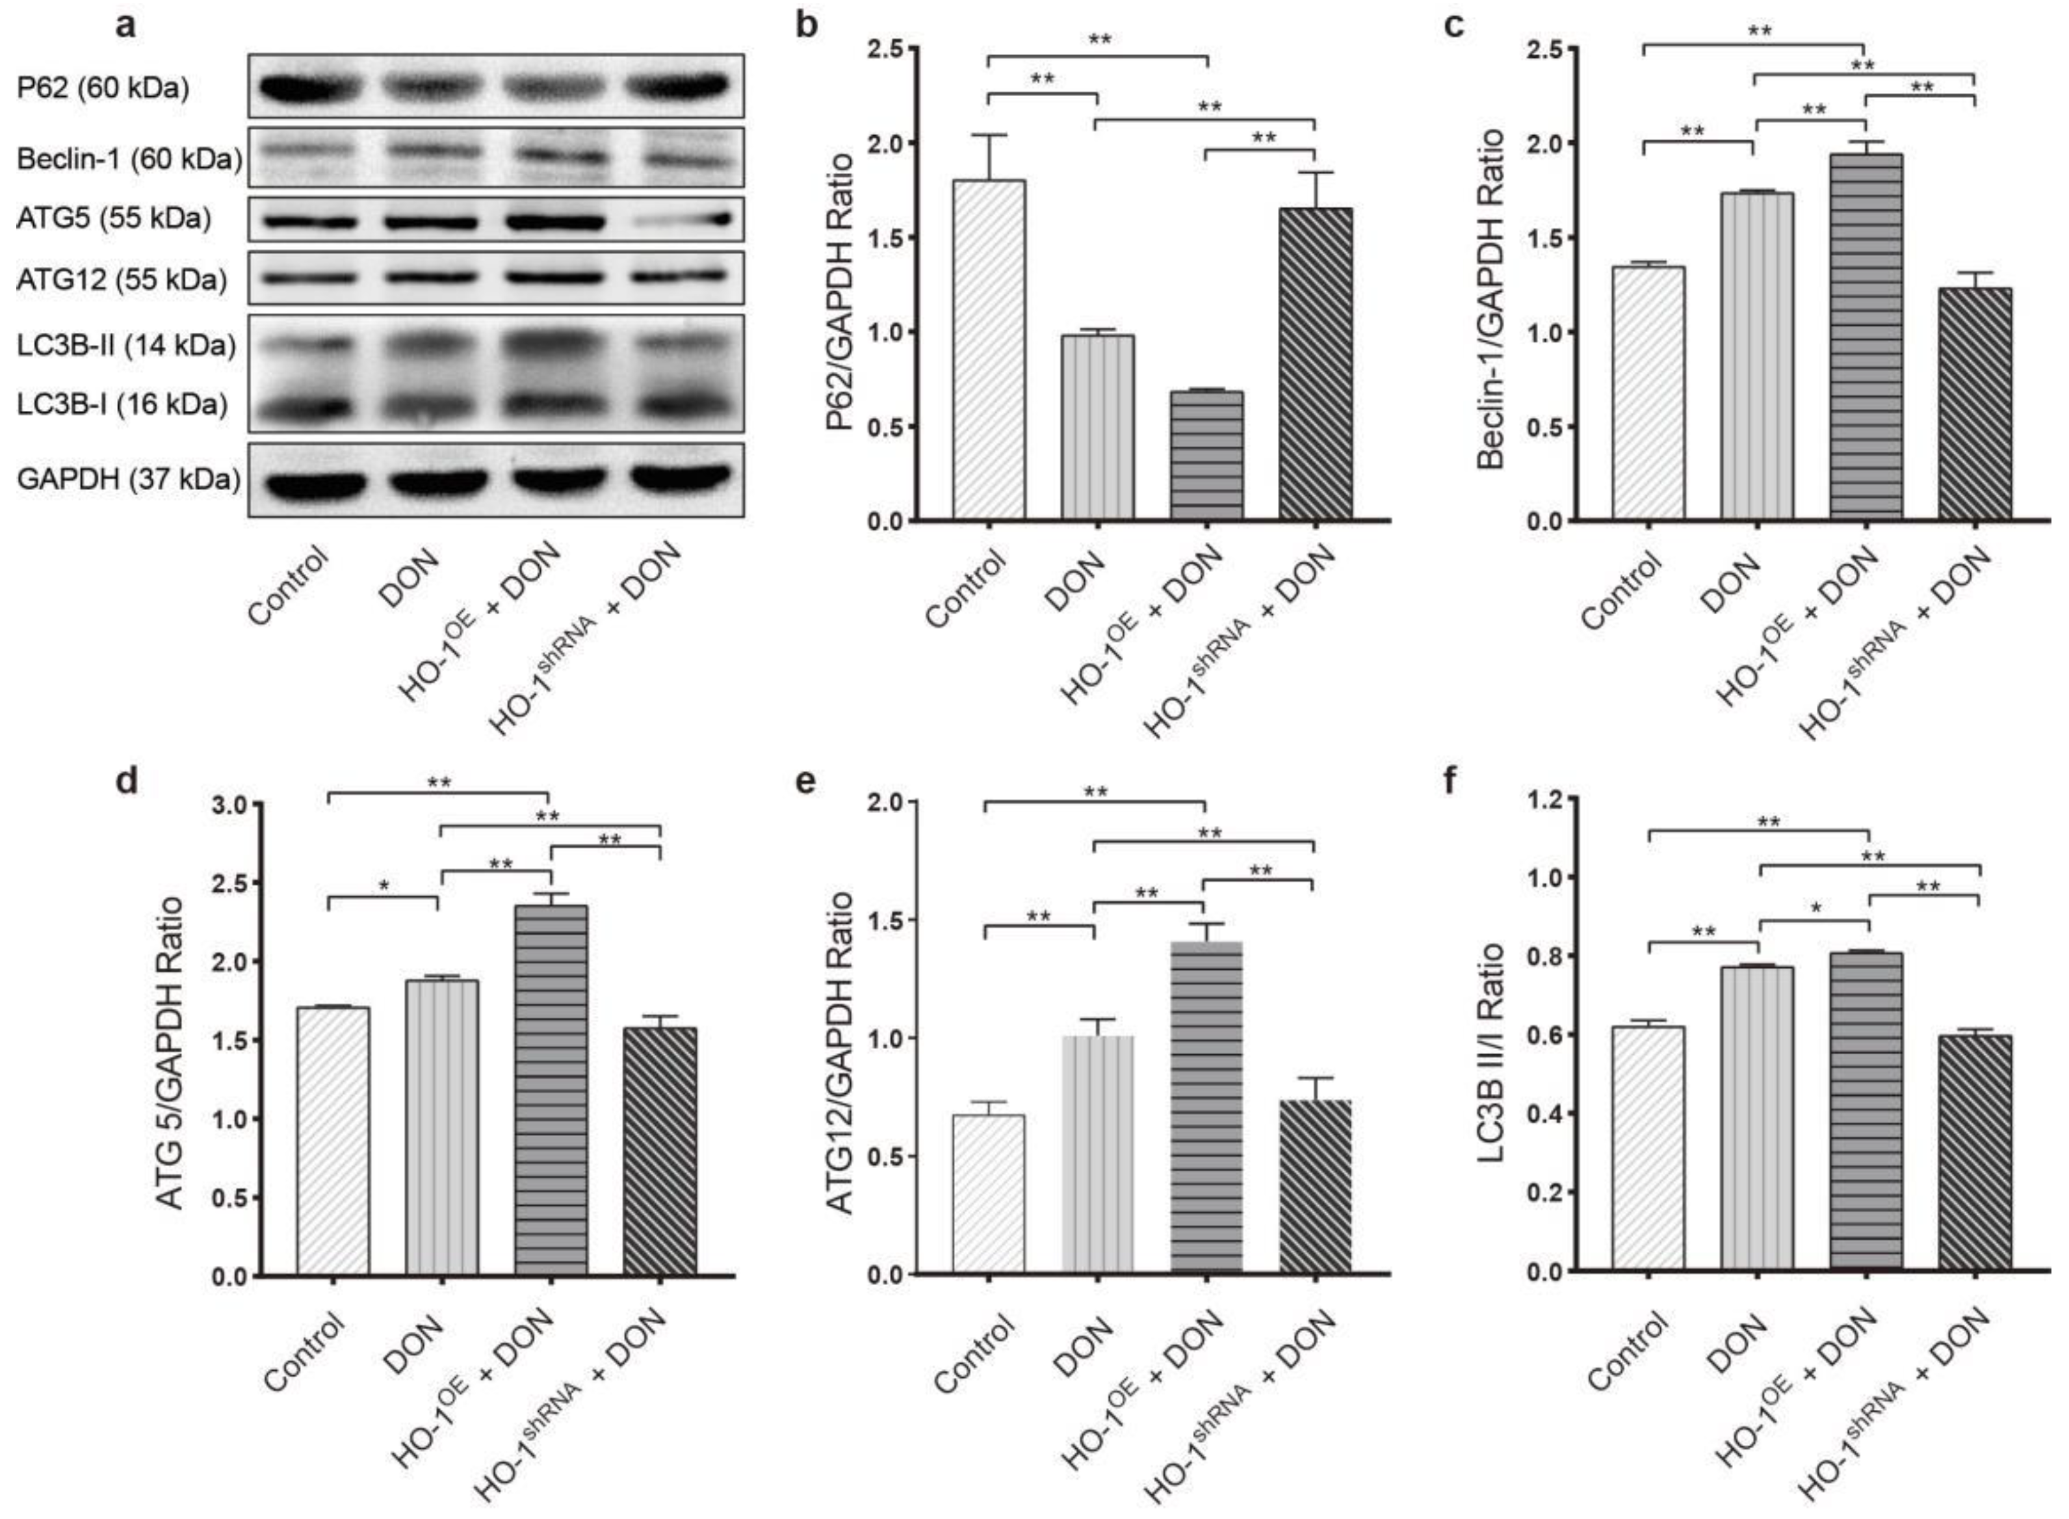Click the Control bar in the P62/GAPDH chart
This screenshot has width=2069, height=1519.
tap(989, 350)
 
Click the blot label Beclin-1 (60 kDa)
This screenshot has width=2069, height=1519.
tap(129, 159)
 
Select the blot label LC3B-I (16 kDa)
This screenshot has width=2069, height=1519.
tap(122, 404)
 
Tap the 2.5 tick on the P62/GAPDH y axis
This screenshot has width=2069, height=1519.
tap(885, 48)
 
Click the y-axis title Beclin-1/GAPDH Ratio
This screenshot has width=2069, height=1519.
tap(1492, 299)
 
